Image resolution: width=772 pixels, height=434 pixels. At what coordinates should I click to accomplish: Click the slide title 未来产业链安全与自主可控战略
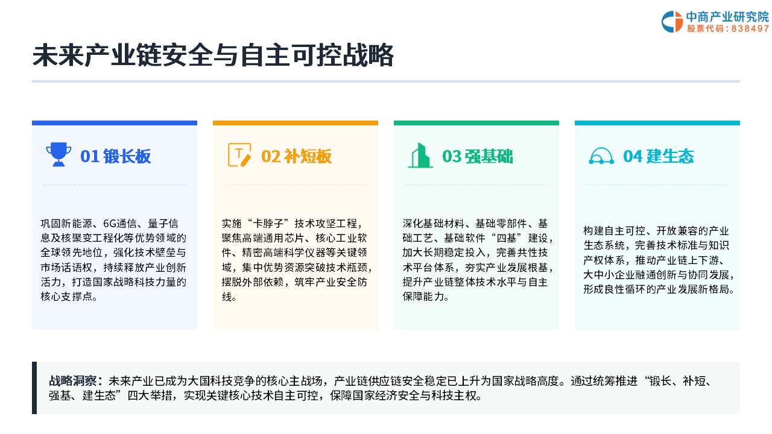pyautogui.click(x=213, y=55)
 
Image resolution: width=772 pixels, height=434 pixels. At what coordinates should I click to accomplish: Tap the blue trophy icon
pyautogui.click(x=59, y=154)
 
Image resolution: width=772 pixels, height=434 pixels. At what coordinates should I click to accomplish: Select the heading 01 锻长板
pyautogui.click(x=115, y=156)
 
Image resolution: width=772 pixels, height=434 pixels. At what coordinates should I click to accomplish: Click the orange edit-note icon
pyautogui.click(x=239, y=155)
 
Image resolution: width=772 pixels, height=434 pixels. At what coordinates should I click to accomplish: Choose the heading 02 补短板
pyautogui.click(x=296, y=156)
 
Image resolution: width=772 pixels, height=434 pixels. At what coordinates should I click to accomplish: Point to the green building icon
pyautogui.click(x=420, y=156)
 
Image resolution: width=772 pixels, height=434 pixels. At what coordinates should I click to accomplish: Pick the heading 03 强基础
pyautogui.click(x=477, y=156)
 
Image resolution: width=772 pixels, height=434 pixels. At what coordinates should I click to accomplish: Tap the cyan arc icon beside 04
pyautogui.click(x=601, y=156)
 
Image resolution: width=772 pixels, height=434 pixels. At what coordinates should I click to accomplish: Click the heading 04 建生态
pyautogui.click(x=658, y=156)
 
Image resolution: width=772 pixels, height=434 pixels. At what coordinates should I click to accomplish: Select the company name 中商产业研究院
pyautogui.click(x=727, y=17)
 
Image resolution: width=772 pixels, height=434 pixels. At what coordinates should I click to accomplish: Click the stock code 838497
pyautogui.click(x=750, y=29)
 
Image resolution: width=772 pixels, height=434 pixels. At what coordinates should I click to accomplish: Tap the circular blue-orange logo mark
pyautogui.click(x=672, y=22)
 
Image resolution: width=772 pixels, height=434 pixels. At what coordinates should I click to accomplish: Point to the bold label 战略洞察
pyautogui.click(x=73, y=381)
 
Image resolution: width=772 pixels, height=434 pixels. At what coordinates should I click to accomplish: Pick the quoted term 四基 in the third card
pyautogui.click(x=506, y=238)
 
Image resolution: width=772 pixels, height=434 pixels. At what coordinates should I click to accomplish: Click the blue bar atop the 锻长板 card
pyautogui.click(x=115, y=123)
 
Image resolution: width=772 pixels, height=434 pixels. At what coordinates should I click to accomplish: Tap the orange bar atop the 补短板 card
pyautogui.click(x=296, y=123)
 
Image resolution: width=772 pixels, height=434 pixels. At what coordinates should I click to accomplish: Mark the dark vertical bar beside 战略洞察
pyautogui.click(x=34, y=388)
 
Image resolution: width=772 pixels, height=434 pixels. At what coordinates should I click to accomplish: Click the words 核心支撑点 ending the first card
pyautogui.click(x=66, y=297)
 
